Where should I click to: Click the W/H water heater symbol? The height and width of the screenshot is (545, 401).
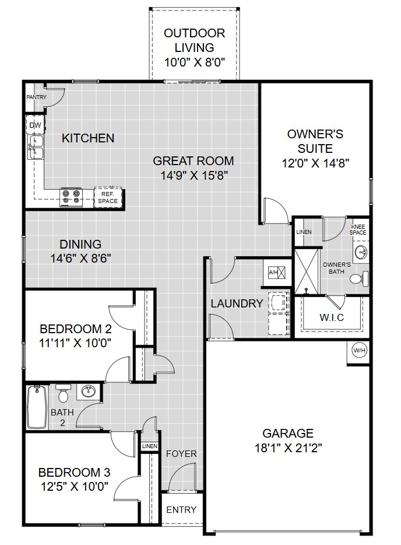(360, 350)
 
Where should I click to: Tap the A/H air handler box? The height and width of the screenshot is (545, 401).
(277, 272)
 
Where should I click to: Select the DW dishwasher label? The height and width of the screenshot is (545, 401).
(35, 125)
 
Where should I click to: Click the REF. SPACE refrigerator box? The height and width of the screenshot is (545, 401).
(108, 198)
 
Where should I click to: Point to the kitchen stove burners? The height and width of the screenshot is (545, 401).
(71, 197)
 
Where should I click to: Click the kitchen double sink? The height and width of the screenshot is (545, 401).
(36, 147)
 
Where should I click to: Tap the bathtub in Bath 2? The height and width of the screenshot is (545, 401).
(37, 407)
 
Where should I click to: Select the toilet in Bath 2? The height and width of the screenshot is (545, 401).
(63, 393)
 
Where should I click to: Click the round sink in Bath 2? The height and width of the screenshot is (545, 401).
(89, 392)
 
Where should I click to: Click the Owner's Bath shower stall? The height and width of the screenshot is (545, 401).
(307, 270)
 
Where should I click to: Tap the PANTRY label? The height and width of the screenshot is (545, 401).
(37, 97)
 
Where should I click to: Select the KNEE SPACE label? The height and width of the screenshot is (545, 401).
(358, 230)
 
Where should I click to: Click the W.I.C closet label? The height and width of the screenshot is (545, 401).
(332, 317)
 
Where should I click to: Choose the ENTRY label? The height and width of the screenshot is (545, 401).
(181, 509)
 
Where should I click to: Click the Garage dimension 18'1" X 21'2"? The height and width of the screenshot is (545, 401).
(289, 448)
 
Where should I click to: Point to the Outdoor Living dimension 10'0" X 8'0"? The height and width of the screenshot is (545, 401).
(195, 62)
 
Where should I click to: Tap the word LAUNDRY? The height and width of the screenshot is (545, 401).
(237, 303)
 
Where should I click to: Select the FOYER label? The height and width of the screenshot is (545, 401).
(181, 453)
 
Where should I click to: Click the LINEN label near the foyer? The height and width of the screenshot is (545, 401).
(150, 446)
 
